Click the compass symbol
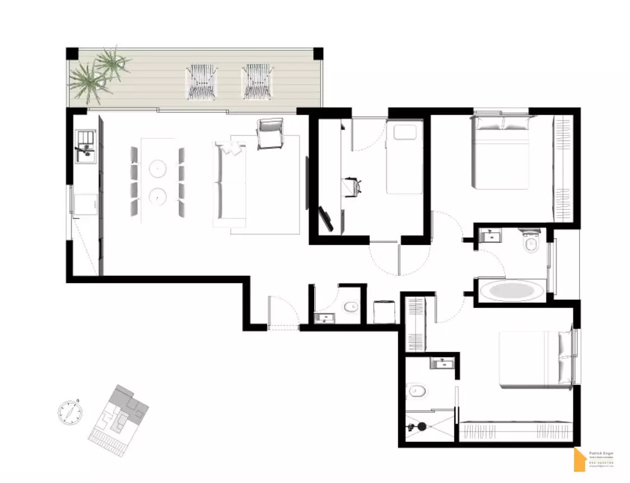pyautogui.click(x=70, y=412)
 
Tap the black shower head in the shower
pyautogui.click(x=421, y=426)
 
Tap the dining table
pyautogui.click(x=158, y=180)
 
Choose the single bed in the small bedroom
pyautogui.click(x=404, y=158)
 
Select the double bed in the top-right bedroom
pyautogui.click(x=501, y=153)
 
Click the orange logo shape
pyautogui.click(x=580, y=460)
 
